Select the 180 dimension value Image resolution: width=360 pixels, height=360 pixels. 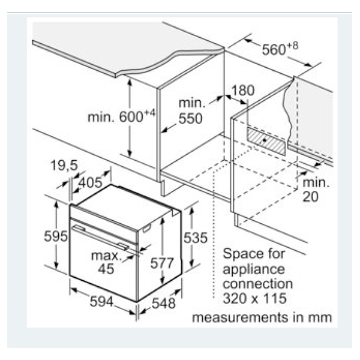click(243, 91)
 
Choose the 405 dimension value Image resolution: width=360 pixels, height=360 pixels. click(90, 181)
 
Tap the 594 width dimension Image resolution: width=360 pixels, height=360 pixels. click(101, 301)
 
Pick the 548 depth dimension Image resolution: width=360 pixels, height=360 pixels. click(163, 303)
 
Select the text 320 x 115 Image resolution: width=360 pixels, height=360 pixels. click(254, 298)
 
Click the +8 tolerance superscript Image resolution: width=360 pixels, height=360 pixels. click(293, 46)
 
